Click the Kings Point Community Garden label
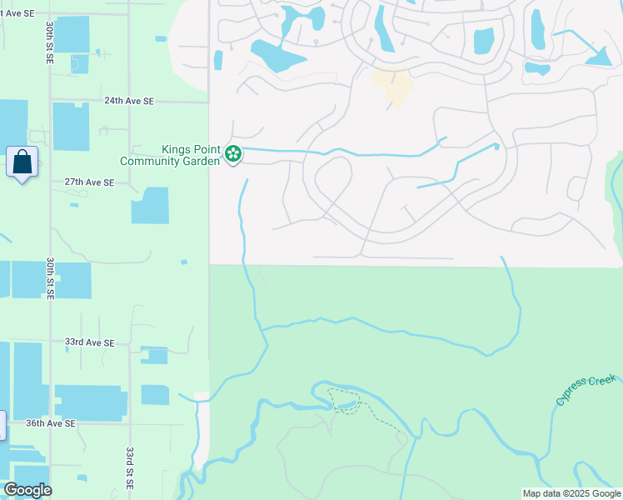pos(170,155)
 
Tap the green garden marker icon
pos(234,153)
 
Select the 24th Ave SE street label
pos(129,101)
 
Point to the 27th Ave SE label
pos(89,182)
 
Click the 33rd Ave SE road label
pos(89,342)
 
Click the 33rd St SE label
pos(131,468)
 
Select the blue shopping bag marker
pos(22,162)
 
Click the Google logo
pos(27,490)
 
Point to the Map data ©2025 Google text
pos(571,493)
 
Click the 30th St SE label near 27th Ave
pos(50,279)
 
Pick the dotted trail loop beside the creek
pos(345,401)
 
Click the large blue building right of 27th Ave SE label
pos(150,205)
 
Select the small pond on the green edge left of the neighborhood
pos(218,60)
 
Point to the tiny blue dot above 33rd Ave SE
pos(183,262)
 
